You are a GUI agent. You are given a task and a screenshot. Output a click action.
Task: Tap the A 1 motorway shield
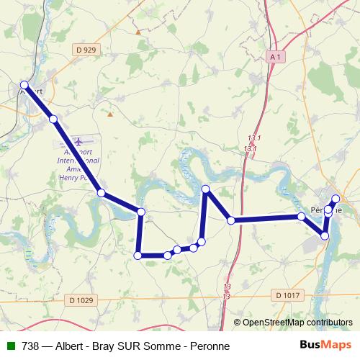pyautogui.click(x=274, y=55)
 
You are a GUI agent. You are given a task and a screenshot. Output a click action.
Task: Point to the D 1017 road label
pyautogui.click(x=286, y=294)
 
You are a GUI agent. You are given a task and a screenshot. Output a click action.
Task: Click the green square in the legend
pyautogui.click(x=9, y=346)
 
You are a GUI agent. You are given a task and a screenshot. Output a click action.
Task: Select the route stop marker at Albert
pyautogui.click(x=24, y=84)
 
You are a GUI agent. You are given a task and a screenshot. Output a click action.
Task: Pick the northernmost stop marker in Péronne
pyautogui.click(x=336, y=198)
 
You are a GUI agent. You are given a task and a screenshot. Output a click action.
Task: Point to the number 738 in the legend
pyautogui.click(x=31, y=346)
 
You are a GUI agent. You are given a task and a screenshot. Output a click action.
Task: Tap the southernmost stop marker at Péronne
pyautogui.click(x=325, y=235)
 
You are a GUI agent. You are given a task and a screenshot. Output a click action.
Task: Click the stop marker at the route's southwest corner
pyautogui.click(x=138, y=254)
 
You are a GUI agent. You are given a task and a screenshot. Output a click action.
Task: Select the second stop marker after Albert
pyautogui.click(x=102, y=192)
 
